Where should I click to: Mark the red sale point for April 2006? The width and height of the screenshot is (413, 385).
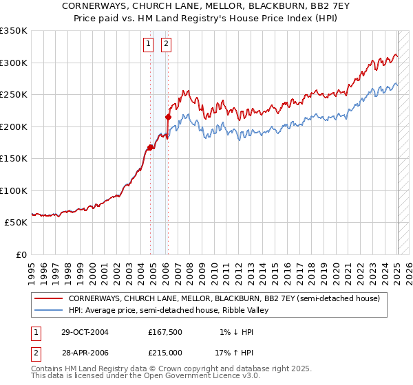(x=168, y=117)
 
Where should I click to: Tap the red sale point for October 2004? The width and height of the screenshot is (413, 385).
(x=150, y=147)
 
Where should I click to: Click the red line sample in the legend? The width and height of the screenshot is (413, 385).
(x=48, y=299)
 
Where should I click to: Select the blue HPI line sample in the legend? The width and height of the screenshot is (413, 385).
(x=48, y=311)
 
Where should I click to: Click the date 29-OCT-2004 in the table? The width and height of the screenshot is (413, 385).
(x=85, y=332)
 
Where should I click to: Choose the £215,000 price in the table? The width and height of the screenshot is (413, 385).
(x=165, y=352)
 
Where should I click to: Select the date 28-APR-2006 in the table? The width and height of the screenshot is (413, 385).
(x=85, y=352)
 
